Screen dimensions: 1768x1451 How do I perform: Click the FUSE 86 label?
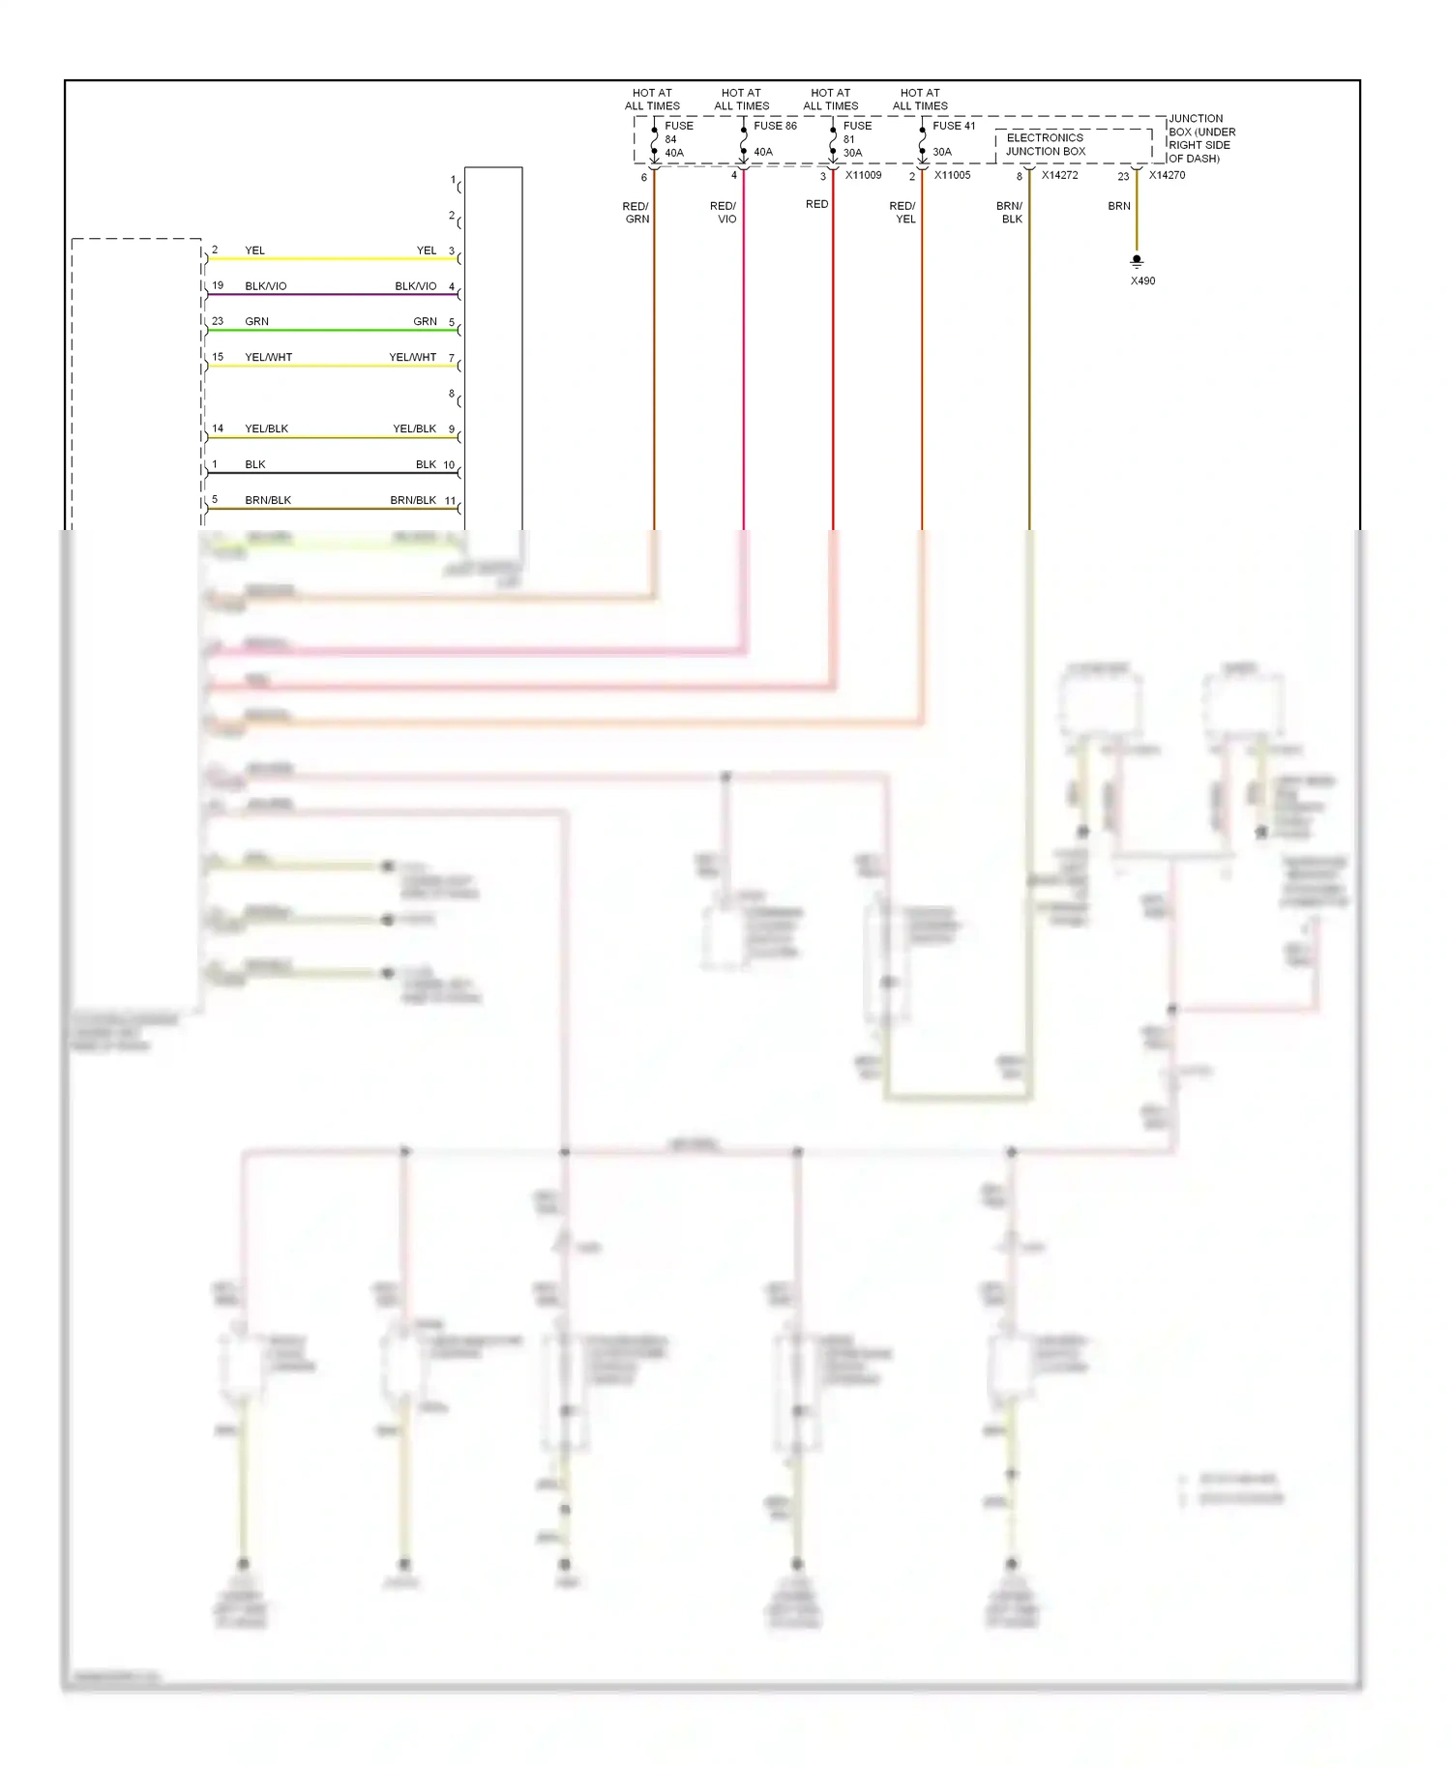tap(775, 126)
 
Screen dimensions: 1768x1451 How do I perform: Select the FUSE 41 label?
tap(954, 126)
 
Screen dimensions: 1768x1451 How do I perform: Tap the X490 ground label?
tap(1142, 281)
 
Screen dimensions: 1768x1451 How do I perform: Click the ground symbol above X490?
tap(1137, 261)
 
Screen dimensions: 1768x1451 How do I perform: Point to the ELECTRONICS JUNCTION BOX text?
tap(1046, 145)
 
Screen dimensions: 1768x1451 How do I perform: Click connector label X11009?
tap(863, 175)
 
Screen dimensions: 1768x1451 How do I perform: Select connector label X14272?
tap(1059, 175)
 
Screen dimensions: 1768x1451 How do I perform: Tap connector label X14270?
tap(1167, 175)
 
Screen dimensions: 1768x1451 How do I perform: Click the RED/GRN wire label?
tap(636, 213)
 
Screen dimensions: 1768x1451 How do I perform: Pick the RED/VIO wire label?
tap(724, 213)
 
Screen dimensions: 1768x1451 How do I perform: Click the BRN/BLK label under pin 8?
tap(1010, 213)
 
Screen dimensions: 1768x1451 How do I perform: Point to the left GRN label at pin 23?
tap(256, 321)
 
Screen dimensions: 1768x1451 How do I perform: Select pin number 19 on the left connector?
tap(218, 285)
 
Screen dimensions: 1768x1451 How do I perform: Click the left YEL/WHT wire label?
tap(268, 357)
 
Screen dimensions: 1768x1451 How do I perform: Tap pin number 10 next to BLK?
tap(449, 464)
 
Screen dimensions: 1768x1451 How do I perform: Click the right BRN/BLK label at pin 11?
tap(413, 500)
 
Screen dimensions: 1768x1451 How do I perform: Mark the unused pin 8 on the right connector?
tap(452, 394)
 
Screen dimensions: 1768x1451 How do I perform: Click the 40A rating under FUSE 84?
tap(674, 153)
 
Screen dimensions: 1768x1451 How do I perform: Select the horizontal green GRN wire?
tap(334, 331)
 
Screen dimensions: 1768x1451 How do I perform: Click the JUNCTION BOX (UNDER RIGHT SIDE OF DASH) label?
tap(1201, 138)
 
